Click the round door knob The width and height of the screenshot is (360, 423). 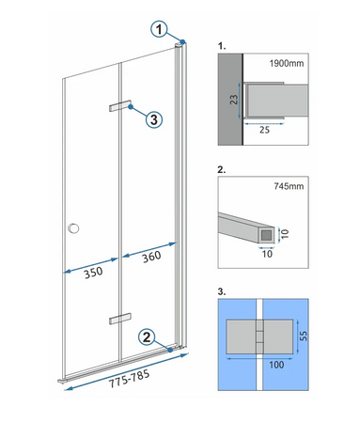point(73,228)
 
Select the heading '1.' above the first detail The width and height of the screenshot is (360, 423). point(221,45)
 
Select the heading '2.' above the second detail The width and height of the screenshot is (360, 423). point(221,171)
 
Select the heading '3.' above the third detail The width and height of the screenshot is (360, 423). point(221,292)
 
